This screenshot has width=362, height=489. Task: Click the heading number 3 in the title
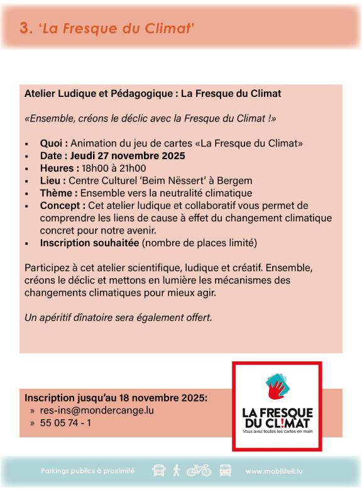click(25, 28)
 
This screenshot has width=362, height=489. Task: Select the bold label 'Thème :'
click(60, 193)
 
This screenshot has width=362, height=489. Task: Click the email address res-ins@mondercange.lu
click(96, 410)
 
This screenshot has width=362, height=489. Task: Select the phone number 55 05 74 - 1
click(65, 423)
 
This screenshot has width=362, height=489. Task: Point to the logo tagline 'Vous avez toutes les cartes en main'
click(277, 432)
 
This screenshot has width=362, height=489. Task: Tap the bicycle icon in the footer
click(198, 470)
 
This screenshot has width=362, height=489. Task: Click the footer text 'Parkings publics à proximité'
click(87, 471)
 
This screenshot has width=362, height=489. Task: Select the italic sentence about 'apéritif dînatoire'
click(118, 318)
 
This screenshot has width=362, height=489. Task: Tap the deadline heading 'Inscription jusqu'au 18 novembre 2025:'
click(115, 398)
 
